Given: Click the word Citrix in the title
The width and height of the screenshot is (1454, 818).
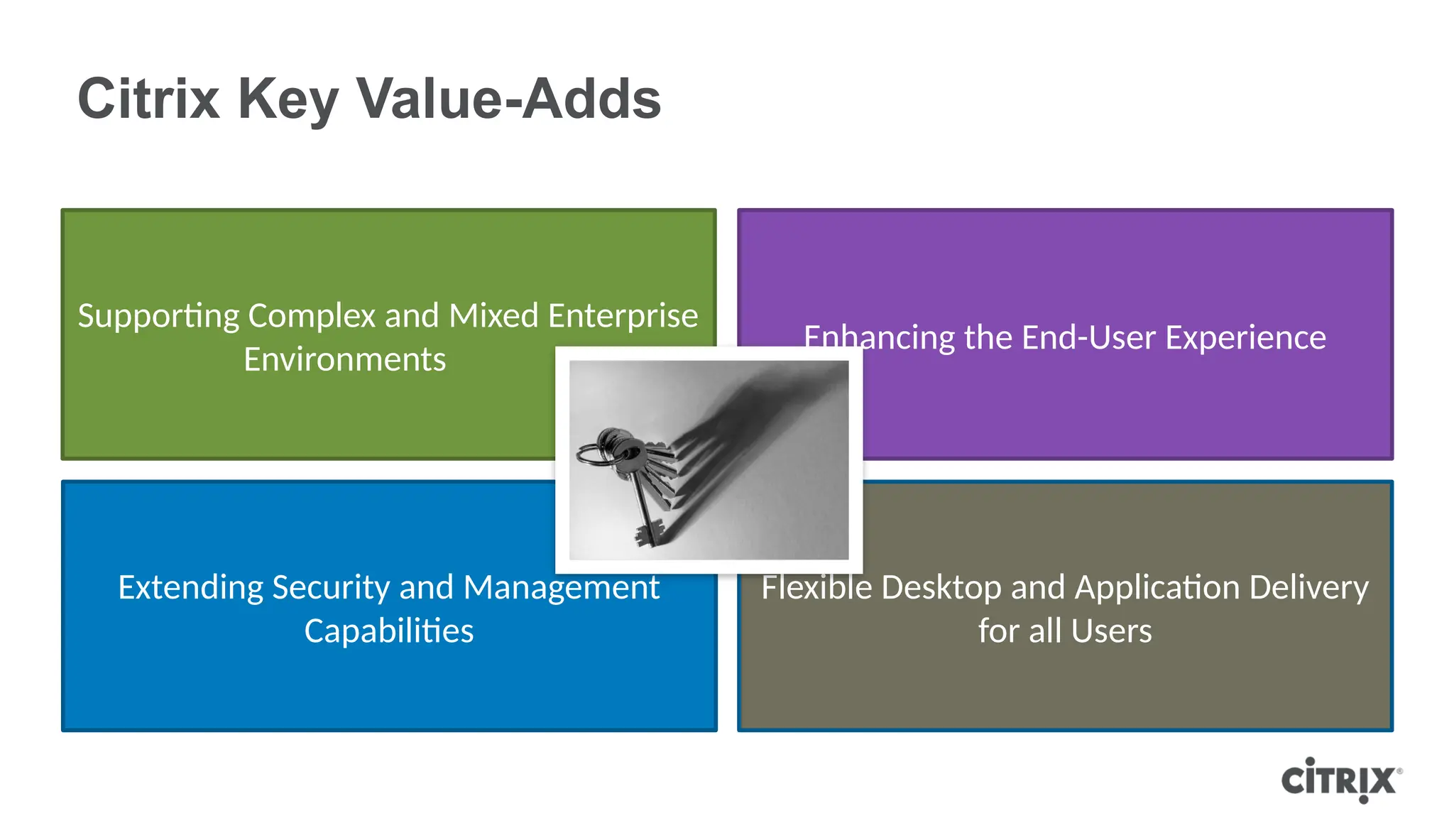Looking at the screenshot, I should (x=148, y=99).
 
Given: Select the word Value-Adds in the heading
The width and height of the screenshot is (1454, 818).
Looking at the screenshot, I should (x=508, y=99).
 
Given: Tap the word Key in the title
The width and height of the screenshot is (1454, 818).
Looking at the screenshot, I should (x=287, y=100).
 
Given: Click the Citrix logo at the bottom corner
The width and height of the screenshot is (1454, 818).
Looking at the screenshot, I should (x=1340, y=780).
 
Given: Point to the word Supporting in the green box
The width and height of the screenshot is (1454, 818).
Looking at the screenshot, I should (x=158, y=317).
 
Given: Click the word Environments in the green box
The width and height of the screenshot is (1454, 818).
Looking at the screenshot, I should (x=344, y=359).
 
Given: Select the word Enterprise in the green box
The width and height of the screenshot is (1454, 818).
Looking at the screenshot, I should (x=623, y=317).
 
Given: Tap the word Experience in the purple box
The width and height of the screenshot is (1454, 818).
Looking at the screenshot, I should (x=1245, y=338).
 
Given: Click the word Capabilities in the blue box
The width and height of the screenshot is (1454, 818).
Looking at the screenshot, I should (x=388, y=631).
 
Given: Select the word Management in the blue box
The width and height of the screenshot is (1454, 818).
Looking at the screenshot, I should (x=561, y=588).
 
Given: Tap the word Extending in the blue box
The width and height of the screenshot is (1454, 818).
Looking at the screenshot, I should (x=190, y=588).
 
